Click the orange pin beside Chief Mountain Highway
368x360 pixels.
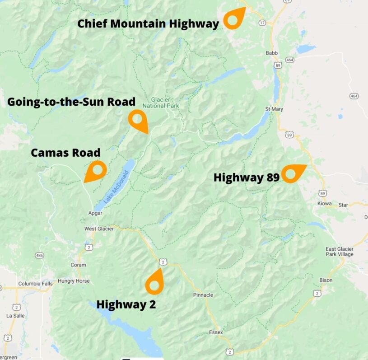(x=233, y=19)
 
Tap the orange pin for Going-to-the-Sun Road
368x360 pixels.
(x=137, y=119)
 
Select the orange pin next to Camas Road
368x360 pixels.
(x=97, y=171)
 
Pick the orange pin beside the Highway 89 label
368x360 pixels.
(x=290, y=173)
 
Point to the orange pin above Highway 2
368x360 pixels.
(x=154, y=284)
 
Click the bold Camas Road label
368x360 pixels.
(x=65, y=153)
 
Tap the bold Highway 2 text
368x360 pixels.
(x=126, y=304)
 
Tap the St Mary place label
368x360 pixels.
(x=274, y=109)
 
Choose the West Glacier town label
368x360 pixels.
(x=99, y=229)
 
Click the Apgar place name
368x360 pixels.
(x=95, y=213)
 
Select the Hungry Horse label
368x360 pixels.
(x=74, y=281)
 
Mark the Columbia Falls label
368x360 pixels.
(x=35, y=284)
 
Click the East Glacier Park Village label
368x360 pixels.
(x=340, y=252)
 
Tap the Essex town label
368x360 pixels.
(x=216, y=332)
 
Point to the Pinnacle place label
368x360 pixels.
(x=203, y=295)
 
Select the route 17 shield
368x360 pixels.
(x=261, y=22)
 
